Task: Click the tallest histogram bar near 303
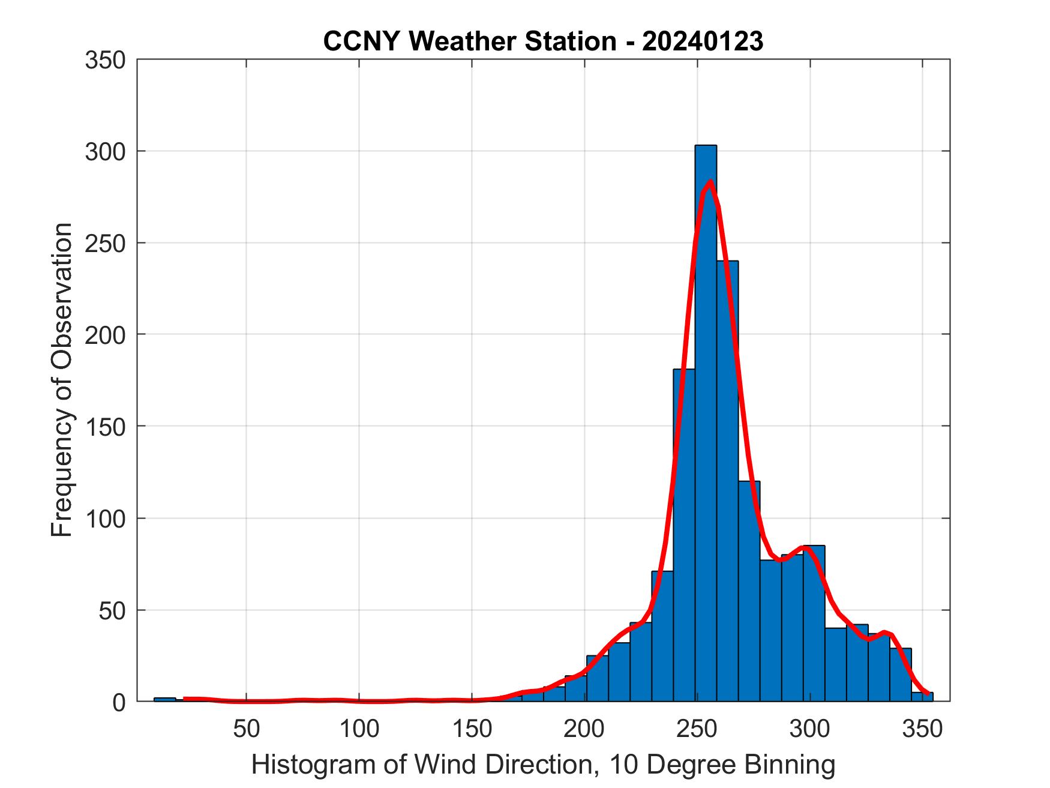pyautogui.click(x=706, y=420)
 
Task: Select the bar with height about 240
pyautogui.click(x=727, y=480)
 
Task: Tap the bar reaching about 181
pyautogui.click(x=684, y=534)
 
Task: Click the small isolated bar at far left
pyautogui.click(x=164, y=699)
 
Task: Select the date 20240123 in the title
pyautogui.click(x=703, y=41)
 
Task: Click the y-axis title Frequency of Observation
pyautogui.click(x=62, y=380)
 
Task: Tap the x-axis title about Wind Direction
pyautogui.click(x=543, y=765)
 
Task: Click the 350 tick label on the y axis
pyautogui.click(x=105, y=60)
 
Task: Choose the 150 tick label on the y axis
pyautogui.click(x=105, y=427)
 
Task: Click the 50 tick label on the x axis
pyautogui.click(x=246, y=729)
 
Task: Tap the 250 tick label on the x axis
pyautogui.click(x=697, y=729)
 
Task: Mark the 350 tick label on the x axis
pyautogui.click(x=923, y=729)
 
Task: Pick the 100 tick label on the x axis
pyautogui.click(x=359, y=729)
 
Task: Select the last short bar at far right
pyautogui.click(x=922, y=697)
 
